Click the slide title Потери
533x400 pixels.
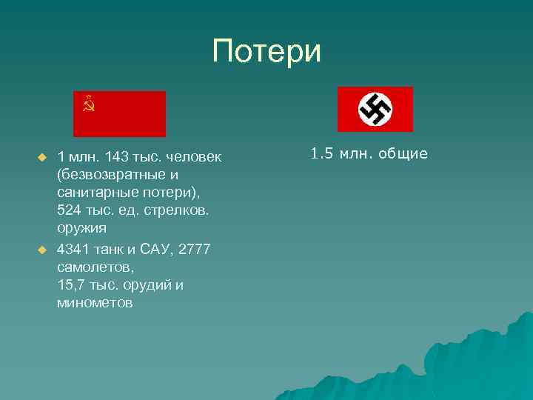click(x=266, y=52)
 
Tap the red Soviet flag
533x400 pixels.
click(x=119, y=113)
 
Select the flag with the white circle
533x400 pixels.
click(x=375, y=109)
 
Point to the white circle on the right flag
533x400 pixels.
click(x=375, y=109)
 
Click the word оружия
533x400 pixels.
click(x=81, y=228)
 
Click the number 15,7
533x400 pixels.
click(x=70, y=285)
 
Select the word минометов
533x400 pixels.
click(x=94, y=303)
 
